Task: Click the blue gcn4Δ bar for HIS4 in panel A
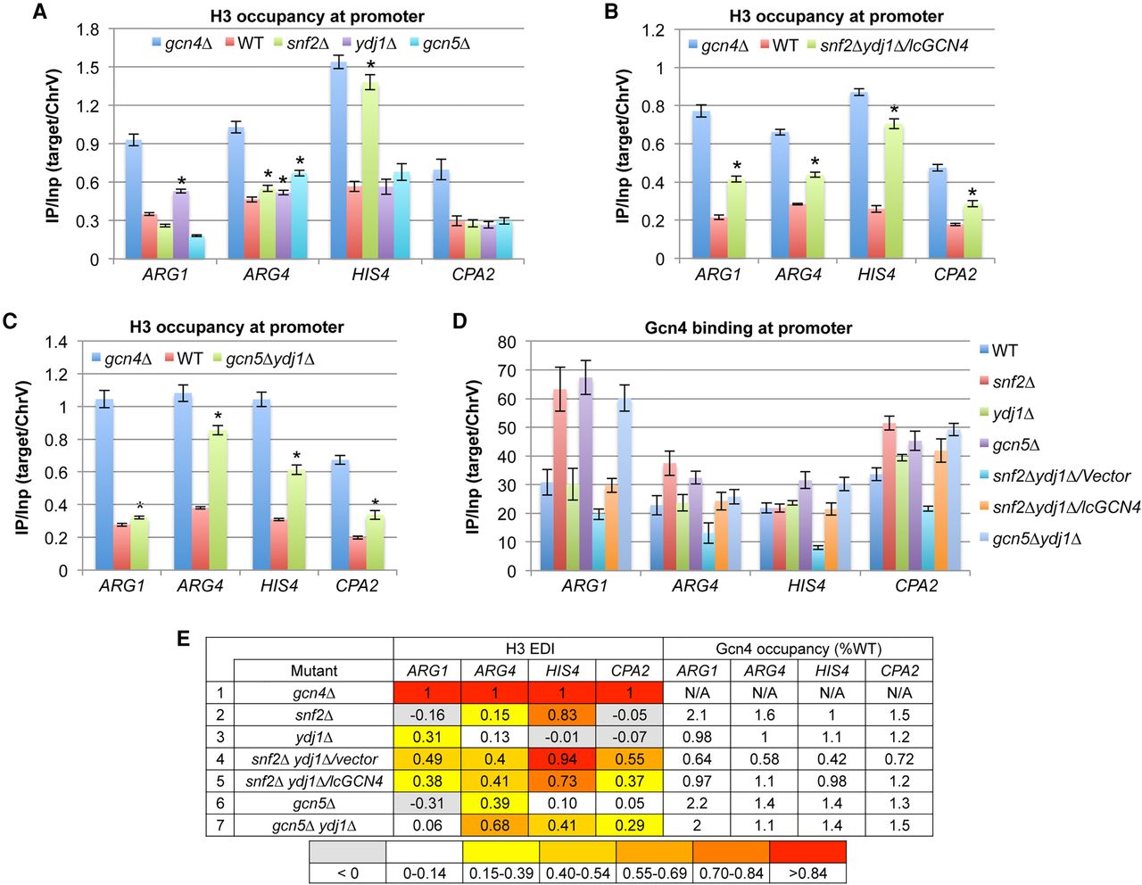click(x=338, y=161)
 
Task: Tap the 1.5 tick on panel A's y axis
click(x=88, y=68)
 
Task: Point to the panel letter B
click(x=611, y=12)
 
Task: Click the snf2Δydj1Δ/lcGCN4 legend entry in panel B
click(x=888, y=45)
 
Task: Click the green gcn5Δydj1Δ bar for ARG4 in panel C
click(x=217, y=500)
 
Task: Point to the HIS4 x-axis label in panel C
click(x=279, y=586)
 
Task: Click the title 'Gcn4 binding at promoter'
click(x=748, y=328)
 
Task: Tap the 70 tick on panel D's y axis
click(x=506, y=371)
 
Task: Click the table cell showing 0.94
click(x=563, y=759)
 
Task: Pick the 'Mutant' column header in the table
click(x=314, y=671)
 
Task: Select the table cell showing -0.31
click(x=427, y=803)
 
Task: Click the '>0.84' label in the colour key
click(x=807, y=873)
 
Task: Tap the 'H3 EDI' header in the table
click(x=529, y=649)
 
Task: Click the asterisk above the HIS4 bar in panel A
click(x=370, y=65)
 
